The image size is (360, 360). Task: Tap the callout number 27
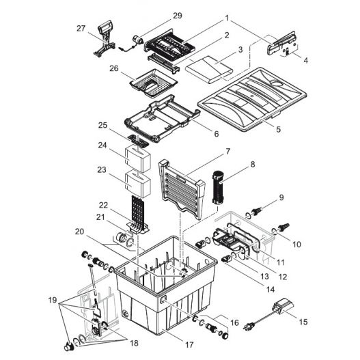pos(81,29)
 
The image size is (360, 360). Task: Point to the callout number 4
pos(305,60)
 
